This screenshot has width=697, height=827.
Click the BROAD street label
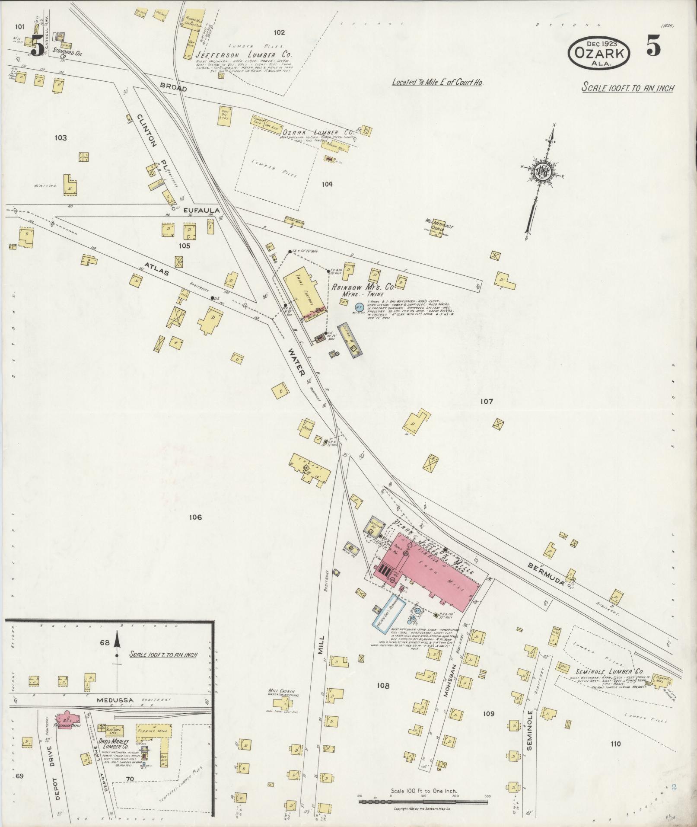click(x=173, y=89)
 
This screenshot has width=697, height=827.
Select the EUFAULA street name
click(x=202, y=211)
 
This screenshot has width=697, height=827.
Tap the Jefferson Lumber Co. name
click(x=243, y=55)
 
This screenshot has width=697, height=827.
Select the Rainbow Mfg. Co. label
click(x=363, y=286)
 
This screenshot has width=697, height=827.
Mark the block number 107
click(x=486, y=402)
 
